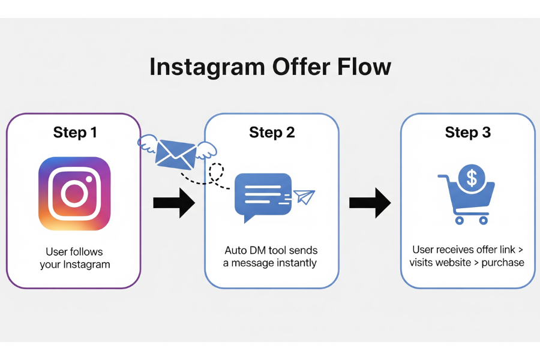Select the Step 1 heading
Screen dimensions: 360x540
pos(74,133)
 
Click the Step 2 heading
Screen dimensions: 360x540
pos(272,133)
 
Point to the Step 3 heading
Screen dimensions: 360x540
pos(468,133)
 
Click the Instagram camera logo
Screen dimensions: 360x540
pos(74,194)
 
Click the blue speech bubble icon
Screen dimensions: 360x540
pos(263,195)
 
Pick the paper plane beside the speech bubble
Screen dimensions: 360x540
pos(305,197)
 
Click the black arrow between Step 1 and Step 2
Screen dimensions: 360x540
pos(173,203)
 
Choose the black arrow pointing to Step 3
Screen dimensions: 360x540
pos(370,203)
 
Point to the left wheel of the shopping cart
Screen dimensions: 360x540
pos(460,220)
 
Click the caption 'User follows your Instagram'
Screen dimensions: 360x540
pos(74,258)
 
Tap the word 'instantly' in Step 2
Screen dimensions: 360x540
pos(295,263)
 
